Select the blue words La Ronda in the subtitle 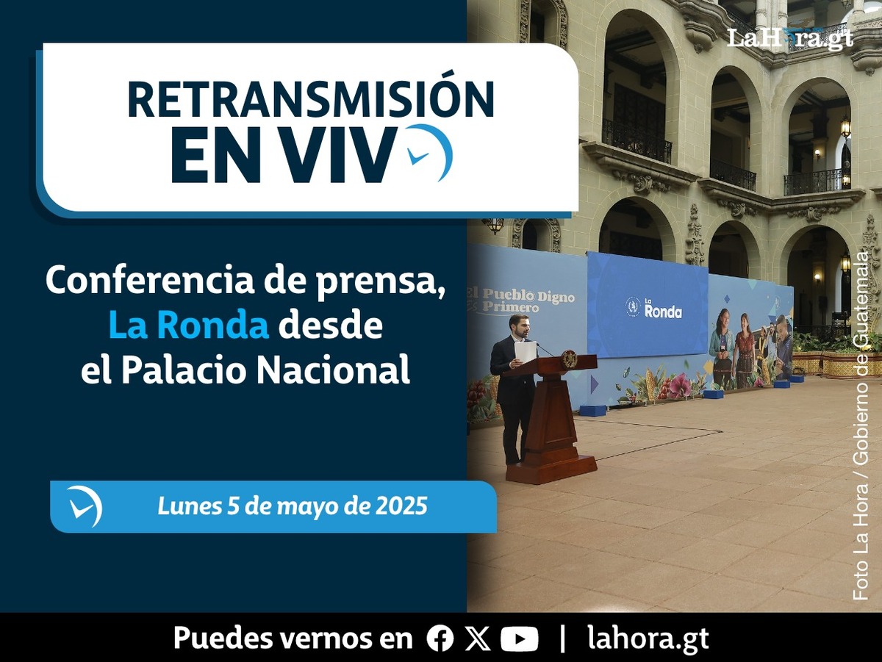click(189, 326)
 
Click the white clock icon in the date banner click(85, 506)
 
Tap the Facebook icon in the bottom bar click(440, 638)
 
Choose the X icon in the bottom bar click(477, 638)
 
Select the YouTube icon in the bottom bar click(520, 638)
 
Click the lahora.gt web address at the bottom click(648, 638)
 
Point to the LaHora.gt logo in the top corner click(790, 38)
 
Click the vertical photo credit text click(861, 432)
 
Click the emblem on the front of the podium click(569, 359)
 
